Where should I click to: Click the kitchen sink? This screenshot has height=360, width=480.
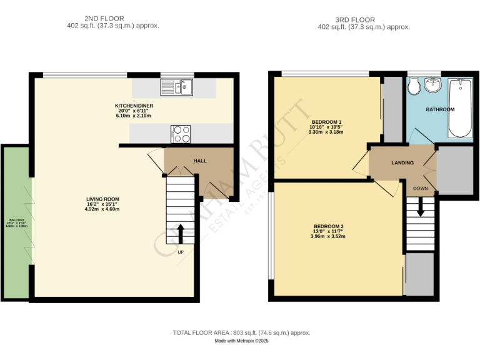pyautogui.click(x=177, y=87)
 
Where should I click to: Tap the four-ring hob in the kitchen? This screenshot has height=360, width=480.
pyautogui.click(x=181, y=134)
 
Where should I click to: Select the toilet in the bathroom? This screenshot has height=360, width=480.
pyautogui.click(x=413, y=87)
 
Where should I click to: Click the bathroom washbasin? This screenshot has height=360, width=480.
pyautogui.click(x=433, y=85)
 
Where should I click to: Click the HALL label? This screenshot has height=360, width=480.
pyautogui.click(x=200, y=161)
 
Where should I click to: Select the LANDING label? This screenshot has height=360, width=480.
pyautogui.click(x=402, y=163)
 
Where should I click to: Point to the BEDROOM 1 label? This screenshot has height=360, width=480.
pyautogui.click(x=326, y=122)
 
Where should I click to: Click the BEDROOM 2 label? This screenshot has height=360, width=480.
pyautogui.click(x=329, y=226)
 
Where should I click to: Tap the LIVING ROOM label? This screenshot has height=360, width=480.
pyautogui.click(x=102, y=199)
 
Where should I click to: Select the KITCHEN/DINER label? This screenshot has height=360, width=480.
pyautogui.click(x=134, y=106)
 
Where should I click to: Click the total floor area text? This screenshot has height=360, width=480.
pyautogui.click(x=241, y=333)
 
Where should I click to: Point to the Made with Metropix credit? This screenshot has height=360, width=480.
pyautogui.click(x=241, y=341)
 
